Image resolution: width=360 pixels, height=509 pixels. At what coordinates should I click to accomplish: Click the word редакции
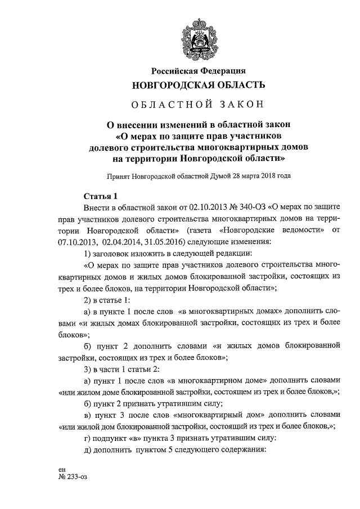tap(236, 254)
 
